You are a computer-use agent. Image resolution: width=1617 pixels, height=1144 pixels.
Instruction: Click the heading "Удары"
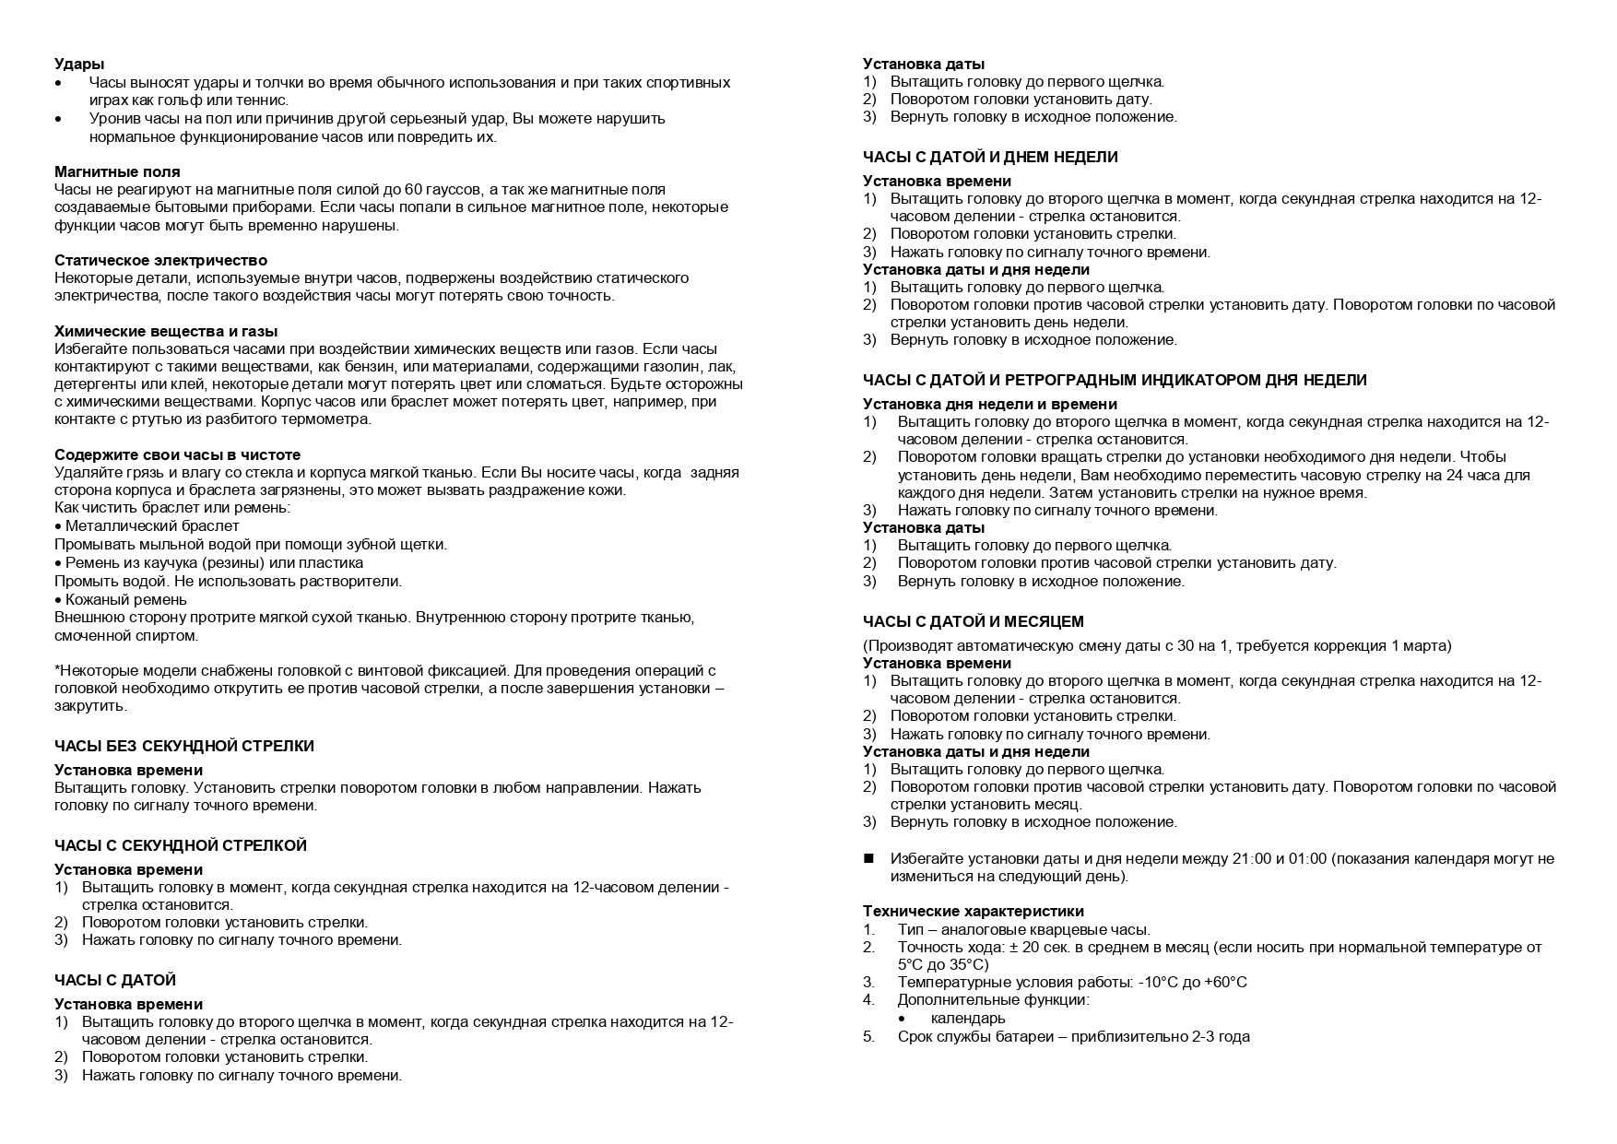tap(79, 65)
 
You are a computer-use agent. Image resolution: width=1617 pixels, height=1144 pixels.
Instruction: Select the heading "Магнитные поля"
tap(117, 172)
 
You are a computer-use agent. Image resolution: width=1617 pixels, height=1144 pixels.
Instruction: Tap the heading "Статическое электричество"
tap(160, 261)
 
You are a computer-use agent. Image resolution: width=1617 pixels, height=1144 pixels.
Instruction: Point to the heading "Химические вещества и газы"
tap(166, 332)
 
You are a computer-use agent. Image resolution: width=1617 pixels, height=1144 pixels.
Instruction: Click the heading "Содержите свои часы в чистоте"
tap(177, 455)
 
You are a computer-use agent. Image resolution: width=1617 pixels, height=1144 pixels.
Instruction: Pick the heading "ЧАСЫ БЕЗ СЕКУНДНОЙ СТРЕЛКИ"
tap(184, 747)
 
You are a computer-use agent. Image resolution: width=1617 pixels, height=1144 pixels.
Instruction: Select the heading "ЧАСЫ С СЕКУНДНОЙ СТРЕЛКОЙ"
tap(181, 846)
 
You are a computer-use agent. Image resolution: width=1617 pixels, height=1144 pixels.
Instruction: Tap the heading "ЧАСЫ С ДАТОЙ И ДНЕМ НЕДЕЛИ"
tap(990, 158)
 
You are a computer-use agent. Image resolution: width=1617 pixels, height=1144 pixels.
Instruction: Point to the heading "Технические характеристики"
tap(974, 912)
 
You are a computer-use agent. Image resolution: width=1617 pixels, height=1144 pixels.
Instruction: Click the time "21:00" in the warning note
tap(1252, 859)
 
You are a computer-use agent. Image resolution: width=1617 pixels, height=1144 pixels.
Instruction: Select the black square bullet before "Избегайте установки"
tap(868, 859)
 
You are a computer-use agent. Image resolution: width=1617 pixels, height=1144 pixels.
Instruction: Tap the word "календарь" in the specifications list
tap(968, 1019)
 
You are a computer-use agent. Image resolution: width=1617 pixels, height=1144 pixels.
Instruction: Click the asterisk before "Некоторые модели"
tap(57, 670)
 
